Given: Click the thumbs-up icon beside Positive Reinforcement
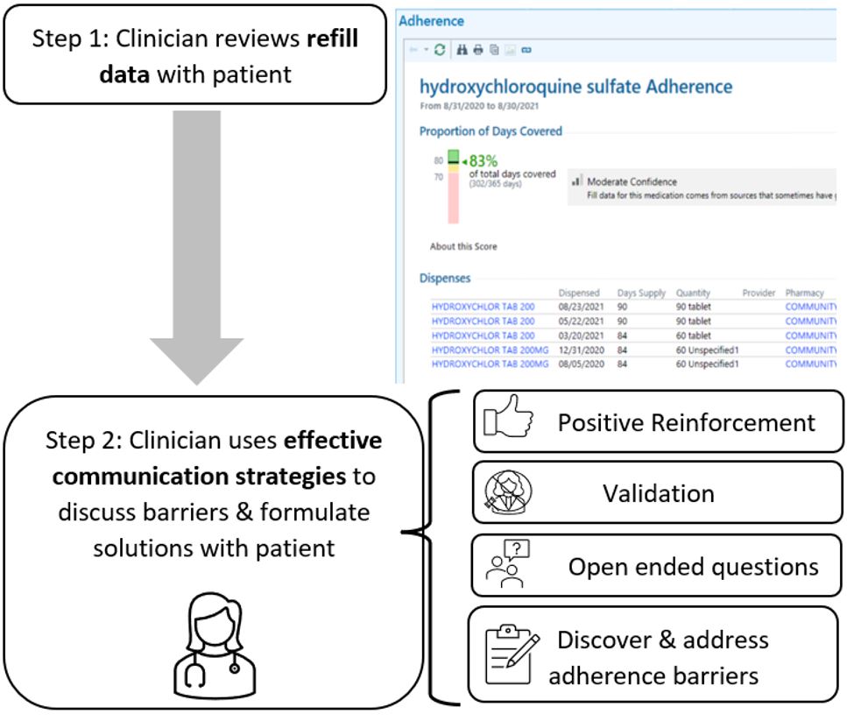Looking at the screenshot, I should tap(509, 421).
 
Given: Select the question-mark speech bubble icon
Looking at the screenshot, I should tap(508, 564).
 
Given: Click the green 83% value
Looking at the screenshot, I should tap(483, 161).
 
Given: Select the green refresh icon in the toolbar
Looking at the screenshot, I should tap(440, 50).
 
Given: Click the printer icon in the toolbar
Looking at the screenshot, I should tap(478, 50).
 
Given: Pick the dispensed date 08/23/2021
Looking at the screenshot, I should tap(579, 307).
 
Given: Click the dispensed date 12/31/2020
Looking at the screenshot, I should tap(579, 350).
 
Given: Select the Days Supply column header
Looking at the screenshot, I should tap(642, 293).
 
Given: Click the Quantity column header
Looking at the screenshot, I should tap(693, 293).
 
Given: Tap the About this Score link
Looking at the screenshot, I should tap(463, 246).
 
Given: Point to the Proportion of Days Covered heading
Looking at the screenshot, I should tap(491, 131).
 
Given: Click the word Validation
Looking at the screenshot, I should tap(658, 493).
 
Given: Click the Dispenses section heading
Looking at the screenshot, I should tap(445, 278).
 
